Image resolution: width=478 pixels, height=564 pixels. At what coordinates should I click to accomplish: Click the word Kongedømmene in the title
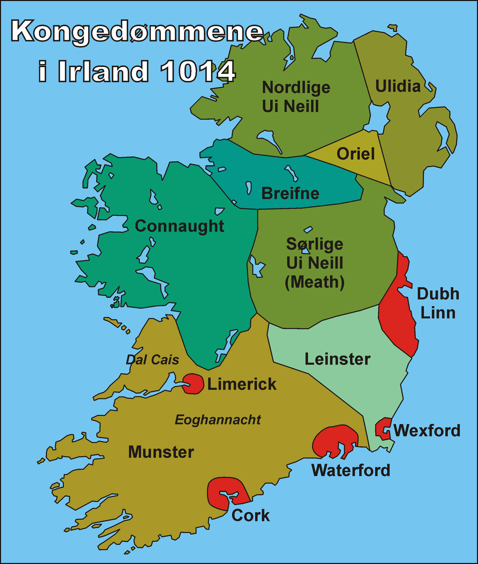pos(137,31)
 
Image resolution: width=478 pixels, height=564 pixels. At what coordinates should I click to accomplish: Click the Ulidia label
pos(398,86)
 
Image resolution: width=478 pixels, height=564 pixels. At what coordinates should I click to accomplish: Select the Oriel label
pos(355,154)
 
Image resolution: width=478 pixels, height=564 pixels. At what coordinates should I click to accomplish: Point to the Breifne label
pos(290,193)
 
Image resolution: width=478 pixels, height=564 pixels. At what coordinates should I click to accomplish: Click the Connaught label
pos(179,226)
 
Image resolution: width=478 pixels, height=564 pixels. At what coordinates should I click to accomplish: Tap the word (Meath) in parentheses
pos(314,282)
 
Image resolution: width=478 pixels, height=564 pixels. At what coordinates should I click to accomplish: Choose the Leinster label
pos(337,359)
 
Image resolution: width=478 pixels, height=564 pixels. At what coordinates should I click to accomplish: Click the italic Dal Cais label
pos(152,360)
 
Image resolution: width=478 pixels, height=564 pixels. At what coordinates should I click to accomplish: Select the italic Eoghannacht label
pos(218,420)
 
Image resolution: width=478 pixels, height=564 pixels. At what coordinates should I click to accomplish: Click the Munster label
pos(161,452)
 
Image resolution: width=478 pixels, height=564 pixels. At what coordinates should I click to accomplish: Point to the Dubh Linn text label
pos(438,303)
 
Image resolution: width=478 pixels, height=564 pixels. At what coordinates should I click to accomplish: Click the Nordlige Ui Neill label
pos(295,97)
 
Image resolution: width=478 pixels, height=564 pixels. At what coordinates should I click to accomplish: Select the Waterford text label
pos(351,470)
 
